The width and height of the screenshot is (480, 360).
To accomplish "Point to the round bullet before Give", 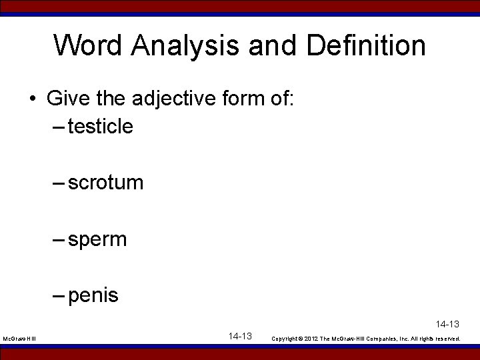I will point(32,101).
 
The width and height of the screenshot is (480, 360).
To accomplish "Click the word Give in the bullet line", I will point(65,100).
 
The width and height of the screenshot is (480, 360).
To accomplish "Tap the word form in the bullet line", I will point(254,100).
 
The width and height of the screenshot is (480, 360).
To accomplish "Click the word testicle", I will point(100,126).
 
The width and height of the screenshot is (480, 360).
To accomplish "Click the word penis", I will point(93,295).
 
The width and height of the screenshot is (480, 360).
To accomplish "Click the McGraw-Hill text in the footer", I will point(19,339).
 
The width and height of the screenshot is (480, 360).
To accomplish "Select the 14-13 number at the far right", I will point(448,324).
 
